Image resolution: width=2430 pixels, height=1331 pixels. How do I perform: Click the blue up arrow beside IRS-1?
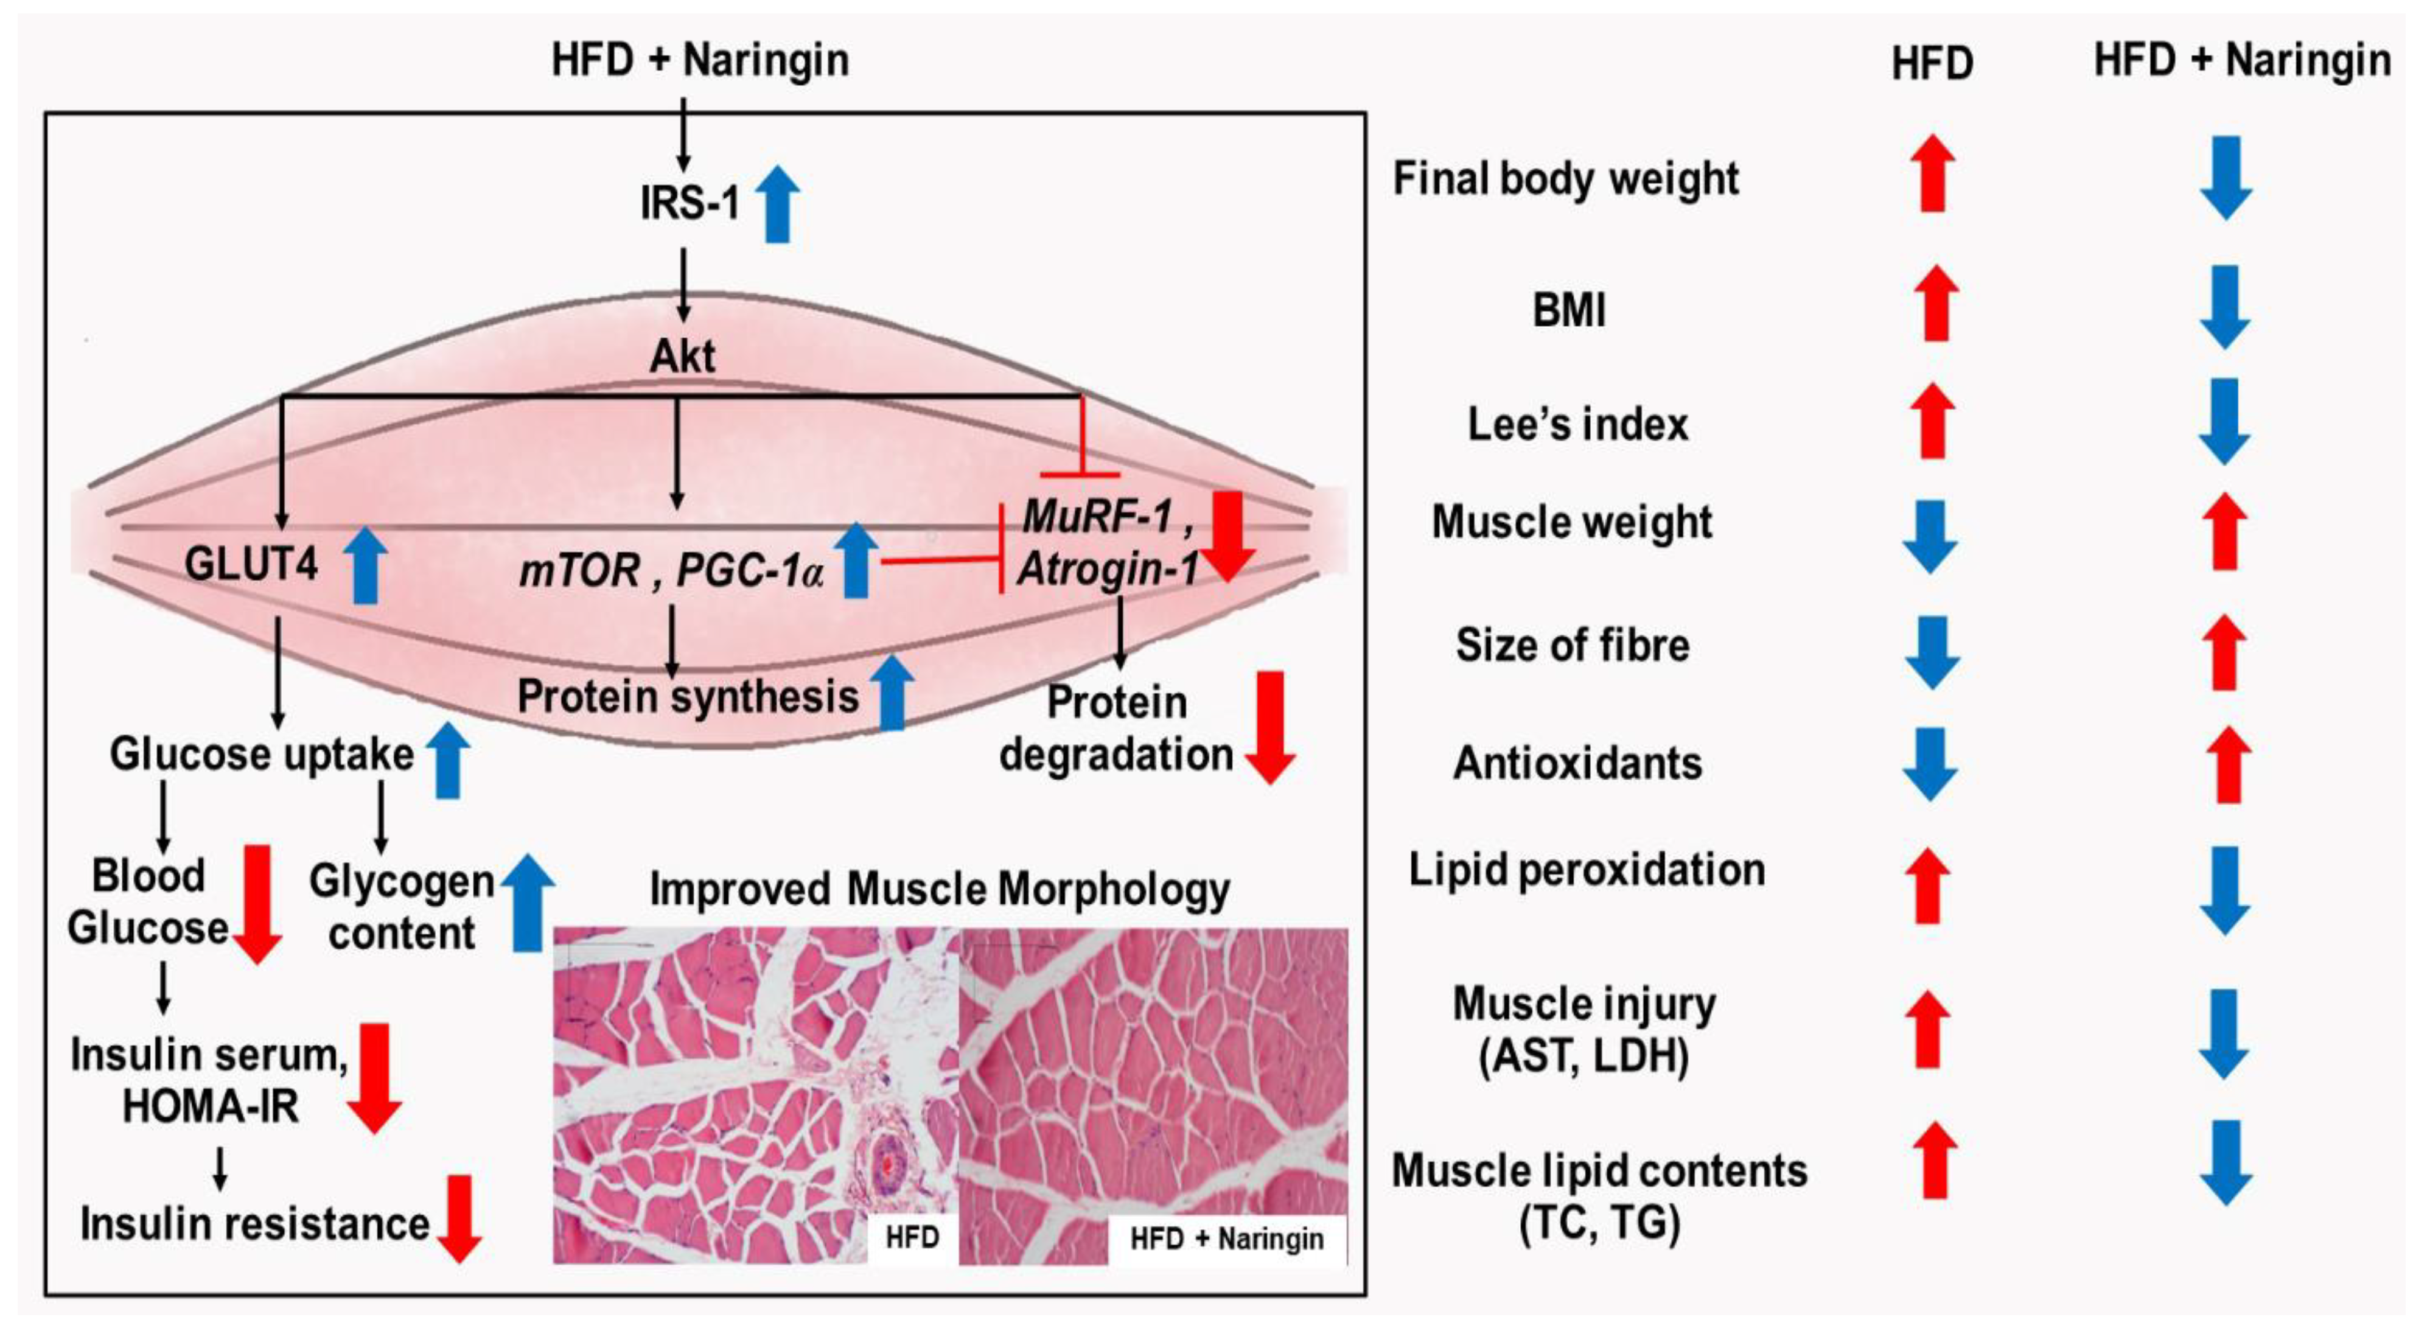[778, 203]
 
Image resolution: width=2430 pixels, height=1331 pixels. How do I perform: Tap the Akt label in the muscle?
[682, 357]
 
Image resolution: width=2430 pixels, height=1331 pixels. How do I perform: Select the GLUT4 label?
[251, 564]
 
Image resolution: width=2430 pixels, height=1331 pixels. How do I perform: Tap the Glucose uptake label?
[261, 753]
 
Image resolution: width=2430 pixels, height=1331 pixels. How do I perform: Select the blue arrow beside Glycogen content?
[527, 903]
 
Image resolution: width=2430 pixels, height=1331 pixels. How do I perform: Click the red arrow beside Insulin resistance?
[459, 1219]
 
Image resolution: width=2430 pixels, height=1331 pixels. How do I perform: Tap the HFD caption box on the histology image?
[910, 1237]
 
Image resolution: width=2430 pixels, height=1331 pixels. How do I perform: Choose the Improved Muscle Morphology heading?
[940, 889]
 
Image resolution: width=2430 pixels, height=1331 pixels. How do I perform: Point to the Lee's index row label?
[1577, 424]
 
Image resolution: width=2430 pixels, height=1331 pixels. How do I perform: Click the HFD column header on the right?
[1932, 64]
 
